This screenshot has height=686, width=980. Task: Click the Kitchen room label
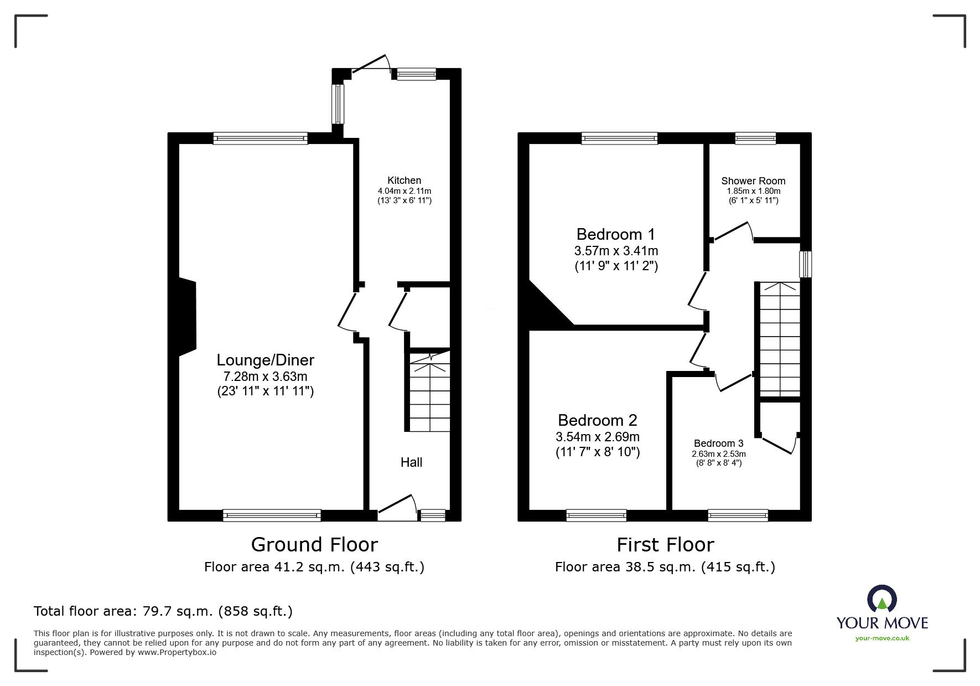pyautogui.click(x=404, y=180)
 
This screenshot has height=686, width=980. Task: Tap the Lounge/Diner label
pyautogui.click(x=266, y=360)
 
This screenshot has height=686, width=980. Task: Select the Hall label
pyautogui.click(x=411, y=462)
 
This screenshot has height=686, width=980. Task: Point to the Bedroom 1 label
pyautogui.click(x=616, y=234)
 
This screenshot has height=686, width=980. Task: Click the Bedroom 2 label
pyautogui.click(x=598, y=420)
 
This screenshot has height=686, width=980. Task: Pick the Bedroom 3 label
pyautogui.click(x=719, y=443)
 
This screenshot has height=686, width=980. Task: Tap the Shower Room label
pyautogui.click(x=753, y=181)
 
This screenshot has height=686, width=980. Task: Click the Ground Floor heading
pyautogui.click(x=314, y=545)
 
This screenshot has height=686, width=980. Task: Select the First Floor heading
pyautogui.click(x=665, y=545)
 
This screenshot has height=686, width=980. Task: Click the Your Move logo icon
pyautogui.click(x=882, y=600)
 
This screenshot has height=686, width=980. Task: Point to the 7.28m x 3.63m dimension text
pyautogui.click(x=265, y=376)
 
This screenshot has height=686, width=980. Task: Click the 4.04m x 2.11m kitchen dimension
pyautogui.click(x=404, y=191)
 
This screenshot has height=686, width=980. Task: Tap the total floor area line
pyautogui.click(x=163, y=611)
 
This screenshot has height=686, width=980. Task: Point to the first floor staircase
pyautogui.click(x=780, y=339)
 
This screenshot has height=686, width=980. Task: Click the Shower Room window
pyautogui.click(x=755, y=138)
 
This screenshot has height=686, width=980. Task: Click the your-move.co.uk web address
pyautogui.click(x=882, y=638)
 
